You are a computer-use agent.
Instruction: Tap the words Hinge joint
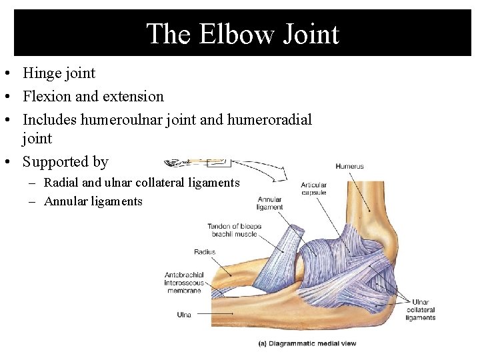(x=59, y=73)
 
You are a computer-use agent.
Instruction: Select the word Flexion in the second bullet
(x=47, y=96)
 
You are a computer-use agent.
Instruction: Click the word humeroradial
(x=269, y=119)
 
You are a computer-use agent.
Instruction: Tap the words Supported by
(x=65, y=161)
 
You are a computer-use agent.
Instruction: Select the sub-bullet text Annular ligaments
(x=93, y=201)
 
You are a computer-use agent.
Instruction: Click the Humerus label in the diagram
(x=349, y=166)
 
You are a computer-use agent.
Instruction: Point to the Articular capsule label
(x=313, y=189)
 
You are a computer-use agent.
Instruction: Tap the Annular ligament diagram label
(x=269, y=203)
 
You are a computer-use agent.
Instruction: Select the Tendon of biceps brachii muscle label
(x=234, y=230)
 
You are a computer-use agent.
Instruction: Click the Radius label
(x=205, y=252)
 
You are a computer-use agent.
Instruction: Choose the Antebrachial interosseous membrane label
(x=183, y=283)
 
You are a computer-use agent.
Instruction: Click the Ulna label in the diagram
(x=184, y=313)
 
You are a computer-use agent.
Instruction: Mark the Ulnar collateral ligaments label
(x=421, y=310)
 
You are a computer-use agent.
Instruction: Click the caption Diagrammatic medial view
(x=307, y=343)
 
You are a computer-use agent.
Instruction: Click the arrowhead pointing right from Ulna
(x=231, y=313)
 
